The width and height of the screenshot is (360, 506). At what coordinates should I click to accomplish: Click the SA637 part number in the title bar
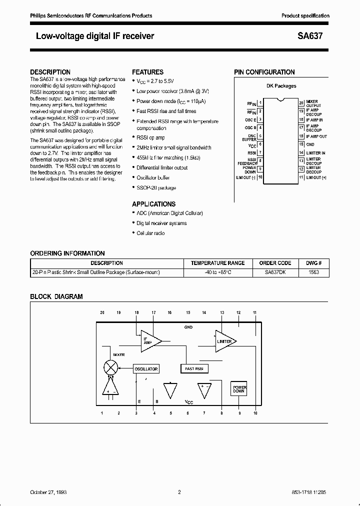(317, 36)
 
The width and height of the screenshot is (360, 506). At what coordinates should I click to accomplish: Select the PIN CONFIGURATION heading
(264, 72)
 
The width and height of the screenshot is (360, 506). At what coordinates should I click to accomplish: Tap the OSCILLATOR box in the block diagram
(145, 369)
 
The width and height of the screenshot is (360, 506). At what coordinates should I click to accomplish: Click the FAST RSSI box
(194, 368)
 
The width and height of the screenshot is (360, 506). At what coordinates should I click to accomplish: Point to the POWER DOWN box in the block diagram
(239, 388)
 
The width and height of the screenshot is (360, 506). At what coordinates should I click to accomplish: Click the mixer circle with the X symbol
(111, 366)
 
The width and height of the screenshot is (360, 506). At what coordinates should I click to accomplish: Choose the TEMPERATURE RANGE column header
(218, 263)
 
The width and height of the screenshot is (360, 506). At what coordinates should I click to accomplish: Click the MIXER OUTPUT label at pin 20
(314, 103)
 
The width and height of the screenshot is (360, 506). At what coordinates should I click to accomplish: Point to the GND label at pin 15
(310, 144)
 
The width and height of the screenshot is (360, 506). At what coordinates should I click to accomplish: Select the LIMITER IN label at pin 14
(315, 152)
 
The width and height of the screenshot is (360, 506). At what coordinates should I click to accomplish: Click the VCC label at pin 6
(252, 144)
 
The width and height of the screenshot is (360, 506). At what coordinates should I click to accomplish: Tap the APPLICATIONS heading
(153, 204)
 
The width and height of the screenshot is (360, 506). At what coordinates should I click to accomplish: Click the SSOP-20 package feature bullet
(156, 188)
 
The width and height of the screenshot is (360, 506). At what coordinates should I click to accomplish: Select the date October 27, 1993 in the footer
(48, 492)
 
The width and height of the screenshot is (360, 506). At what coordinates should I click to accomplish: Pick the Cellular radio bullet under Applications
(150, 233)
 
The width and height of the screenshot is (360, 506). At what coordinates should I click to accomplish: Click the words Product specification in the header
(305, 16)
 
